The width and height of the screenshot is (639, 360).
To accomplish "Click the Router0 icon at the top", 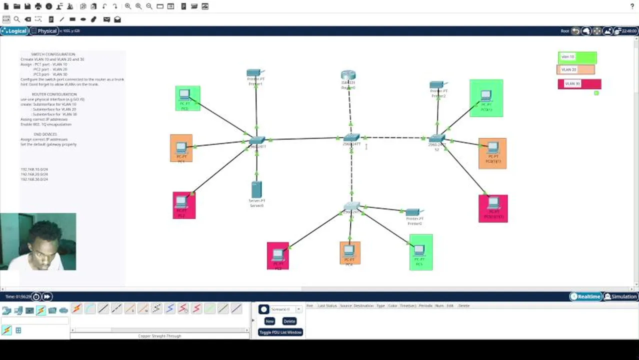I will pos(348,76).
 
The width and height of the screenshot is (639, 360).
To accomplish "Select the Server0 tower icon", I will pos(256,189).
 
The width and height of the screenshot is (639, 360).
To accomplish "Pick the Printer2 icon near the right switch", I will pos(437,85).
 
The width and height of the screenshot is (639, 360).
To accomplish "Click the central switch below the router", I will pos(351,137).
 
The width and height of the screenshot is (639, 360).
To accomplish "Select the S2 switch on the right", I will pos(436,138).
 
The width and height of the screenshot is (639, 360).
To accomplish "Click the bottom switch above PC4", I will pos(351,206).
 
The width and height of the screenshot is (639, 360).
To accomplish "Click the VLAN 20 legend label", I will pos(575,70).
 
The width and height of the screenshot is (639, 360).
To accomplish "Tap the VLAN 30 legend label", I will pos(579,83).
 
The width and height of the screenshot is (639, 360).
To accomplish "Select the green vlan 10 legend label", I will pos(576,57).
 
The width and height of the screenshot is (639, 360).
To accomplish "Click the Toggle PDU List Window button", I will pos(280,332).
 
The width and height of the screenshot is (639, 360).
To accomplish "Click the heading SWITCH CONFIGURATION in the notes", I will pos(53,54).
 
